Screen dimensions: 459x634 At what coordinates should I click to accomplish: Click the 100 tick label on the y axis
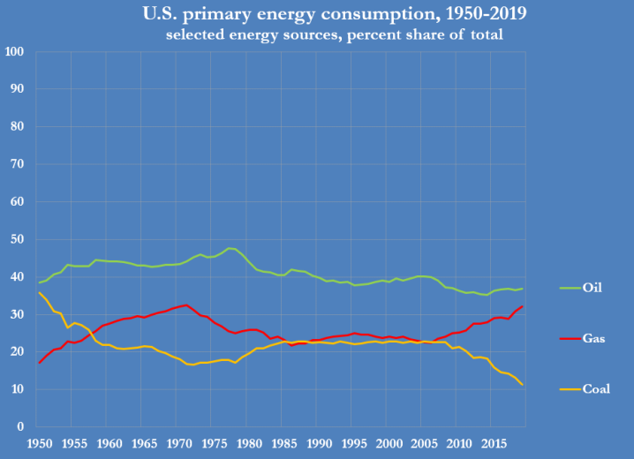point(14,52)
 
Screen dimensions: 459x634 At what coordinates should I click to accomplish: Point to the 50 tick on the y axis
point(18,239)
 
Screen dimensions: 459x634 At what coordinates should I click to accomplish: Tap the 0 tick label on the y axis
point(20,427)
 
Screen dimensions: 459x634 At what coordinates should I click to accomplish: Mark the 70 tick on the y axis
point(18,164)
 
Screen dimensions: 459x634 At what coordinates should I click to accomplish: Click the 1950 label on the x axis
point(39,443)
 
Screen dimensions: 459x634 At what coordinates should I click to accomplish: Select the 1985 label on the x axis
point(283,443)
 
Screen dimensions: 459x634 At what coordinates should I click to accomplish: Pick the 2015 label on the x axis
point(491,443)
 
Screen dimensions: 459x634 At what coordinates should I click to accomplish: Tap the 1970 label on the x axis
point(178,443)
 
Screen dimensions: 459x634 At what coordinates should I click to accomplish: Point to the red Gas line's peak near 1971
point(186,305)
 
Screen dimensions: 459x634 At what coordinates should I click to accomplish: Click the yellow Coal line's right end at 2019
point(522,384)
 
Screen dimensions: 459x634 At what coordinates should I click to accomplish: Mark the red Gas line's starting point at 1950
point(39,363)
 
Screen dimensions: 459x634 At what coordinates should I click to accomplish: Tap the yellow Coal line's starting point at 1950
point(39,292)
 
